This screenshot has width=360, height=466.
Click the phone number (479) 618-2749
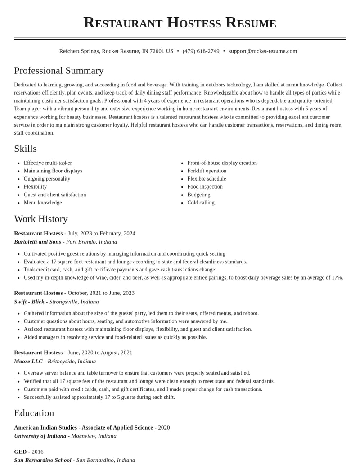click(x=201, y=51)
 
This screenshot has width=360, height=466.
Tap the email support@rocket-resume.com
click(x=263, y=51)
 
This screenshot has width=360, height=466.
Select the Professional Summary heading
click(x=59, y=71)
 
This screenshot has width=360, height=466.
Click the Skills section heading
click(x=25, y=149)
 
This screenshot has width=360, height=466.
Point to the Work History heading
click(x=41, y=219)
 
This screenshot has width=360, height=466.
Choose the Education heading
click(x=34, y=413)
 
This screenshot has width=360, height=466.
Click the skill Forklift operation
click(x=207, y=171)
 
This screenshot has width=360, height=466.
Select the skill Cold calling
click(x=201, y=203)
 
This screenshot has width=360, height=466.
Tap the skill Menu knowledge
click(x=43, y=203)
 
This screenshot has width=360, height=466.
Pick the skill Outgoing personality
click(x=47, y=179)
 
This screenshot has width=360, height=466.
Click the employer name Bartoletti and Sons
click(x=37, y=242)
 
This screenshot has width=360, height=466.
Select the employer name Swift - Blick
click(x=29, y=302)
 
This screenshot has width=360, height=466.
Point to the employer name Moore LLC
click(x=28, y=362)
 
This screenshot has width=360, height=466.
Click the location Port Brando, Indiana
click(x=92, y=242)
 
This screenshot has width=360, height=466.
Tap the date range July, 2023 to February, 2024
click(x=101, y=233)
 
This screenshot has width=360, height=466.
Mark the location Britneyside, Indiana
click(x=72, y=362)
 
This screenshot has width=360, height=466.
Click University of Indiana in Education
click(x=40, y=436)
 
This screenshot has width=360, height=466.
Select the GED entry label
click(x=20, y=452)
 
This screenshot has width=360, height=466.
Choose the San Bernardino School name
click(x=43, y=460)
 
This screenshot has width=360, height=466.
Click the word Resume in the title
click(x=251, y=23)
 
